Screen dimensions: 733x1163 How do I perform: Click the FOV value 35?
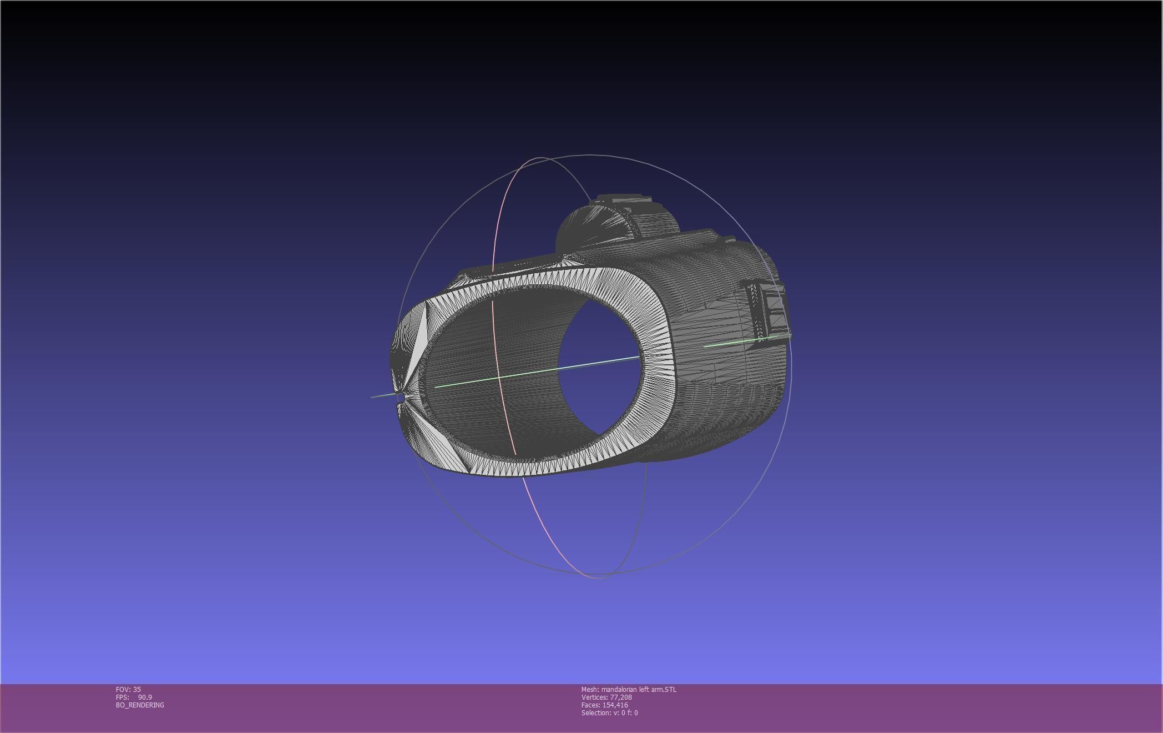click(137, 690)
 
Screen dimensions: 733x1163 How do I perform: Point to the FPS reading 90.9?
click(145, 697)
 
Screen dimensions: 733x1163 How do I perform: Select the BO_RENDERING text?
click(140, 705)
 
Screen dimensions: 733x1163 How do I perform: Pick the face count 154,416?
click(615, 705)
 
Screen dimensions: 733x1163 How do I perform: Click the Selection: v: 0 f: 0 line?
click(609, 713)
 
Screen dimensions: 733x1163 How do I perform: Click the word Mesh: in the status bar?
click(590, 690)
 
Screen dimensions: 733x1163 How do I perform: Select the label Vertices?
click(594, 697)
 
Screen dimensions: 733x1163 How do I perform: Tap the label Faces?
click(590, 705)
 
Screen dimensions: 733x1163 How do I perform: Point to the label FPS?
click(122, 697)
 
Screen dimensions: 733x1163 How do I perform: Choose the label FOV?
click(123, 690)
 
